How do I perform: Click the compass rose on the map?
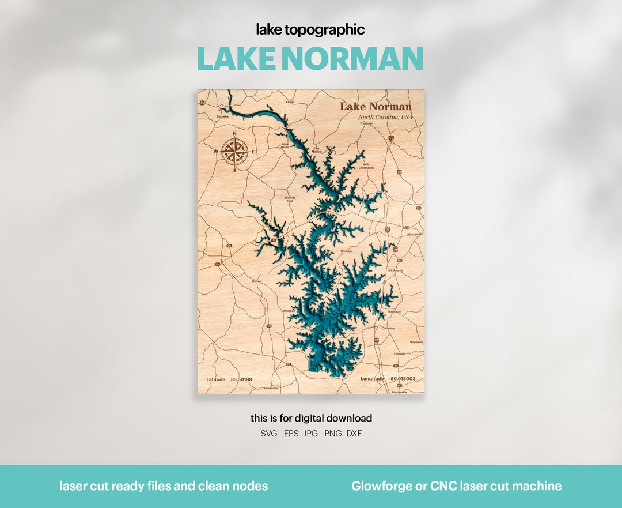[235, 152]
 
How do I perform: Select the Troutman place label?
[366, 123]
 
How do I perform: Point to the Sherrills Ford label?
[290, 199]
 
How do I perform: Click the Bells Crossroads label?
[366, 165]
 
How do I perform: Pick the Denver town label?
[257, 281]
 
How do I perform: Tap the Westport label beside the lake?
[289, 310]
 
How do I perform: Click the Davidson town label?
[395, 311]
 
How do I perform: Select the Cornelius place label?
[388, 328]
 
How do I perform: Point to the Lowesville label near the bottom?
[271, 389]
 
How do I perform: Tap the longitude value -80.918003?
[403, 379]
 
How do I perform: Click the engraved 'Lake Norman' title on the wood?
[375, 106]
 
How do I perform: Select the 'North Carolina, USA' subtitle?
[385, 117]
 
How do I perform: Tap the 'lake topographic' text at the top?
[310, 29]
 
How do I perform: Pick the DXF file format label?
[354, 434]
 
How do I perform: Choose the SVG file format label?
[269, 434]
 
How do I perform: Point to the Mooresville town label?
[415, 234]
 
